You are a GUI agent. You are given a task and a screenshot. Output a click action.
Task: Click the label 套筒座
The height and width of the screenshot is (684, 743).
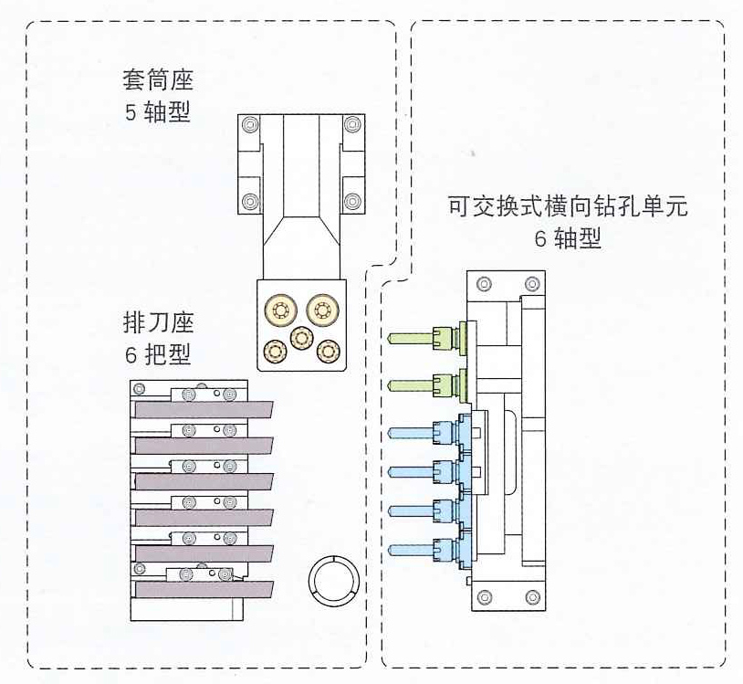click(x=158, y=81)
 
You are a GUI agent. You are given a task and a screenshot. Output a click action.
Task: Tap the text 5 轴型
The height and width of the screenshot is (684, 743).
click(x=158, y=114)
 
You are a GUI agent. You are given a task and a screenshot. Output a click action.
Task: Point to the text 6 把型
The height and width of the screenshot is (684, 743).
click(x=158, y=353)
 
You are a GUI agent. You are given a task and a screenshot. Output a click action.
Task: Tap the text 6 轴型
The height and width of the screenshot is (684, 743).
click(x=567, y=239)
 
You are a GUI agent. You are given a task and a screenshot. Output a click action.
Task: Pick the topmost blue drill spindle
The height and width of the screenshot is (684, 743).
click(x=429, y=430)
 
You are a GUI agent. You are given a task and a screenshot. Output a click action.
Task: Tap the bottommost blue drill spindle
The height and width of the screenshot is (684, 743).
click(x=429, y=550)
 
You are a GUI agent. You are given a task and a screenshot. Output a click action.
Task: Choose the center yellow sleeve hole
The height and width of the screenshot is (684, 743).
click(x=300, y=338)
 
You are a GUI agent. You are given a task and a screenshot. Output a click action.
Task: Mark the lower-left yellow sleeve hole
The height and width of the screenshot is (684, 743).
click(x=274, y=350)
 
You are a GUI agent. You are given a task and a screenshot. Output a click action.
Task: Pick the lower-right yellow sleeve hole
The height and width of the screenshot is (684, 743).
click(x=328, y=350)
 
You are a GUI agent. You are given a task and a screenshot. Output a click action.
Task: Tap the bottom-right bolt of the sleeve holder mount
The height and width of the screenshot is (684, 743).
click(x=351, y=202)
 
